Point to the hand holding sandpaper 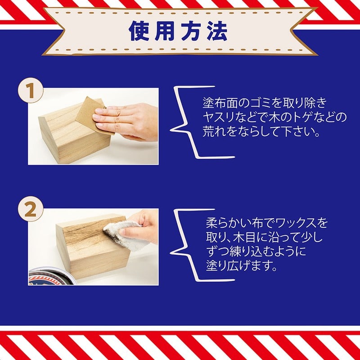[x=128, y=121]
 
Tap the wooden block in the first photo [x=67, y=135]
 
